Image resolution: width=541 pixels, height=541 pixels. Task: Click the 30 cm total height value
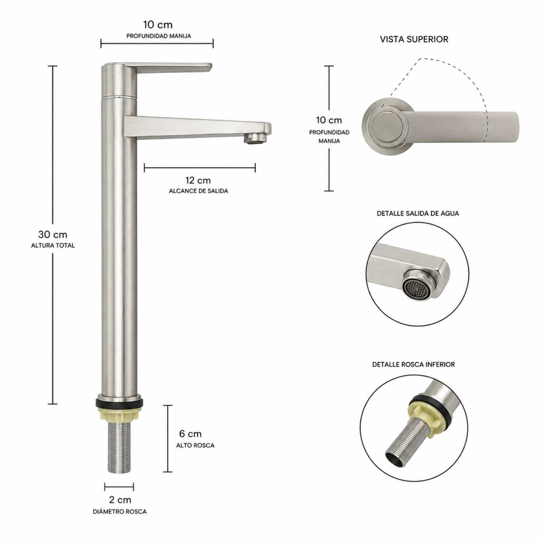click(53, 234)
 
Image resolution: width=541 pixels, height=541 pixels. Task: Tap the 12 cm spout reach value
click(198, 180)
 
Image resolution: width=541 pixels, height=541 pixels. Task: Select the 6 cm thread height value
click(190, 434)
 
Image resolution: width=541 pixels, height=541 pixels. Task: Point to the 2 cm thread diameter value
click(120, 500)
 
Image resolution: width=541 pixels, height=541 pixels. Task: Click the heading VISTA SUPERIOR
click(414, 39)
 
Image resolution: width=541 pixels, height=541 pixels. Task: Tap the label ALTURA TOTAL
click(53, 246)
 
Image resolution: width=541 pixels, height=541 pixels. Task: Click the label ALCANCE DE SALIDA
click(198, 191)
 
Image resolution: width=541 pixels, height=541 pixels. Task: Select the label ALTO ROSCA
click(195, 445)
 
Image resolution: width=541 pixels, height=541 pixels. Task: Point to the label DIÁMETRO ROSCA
click(119, 512)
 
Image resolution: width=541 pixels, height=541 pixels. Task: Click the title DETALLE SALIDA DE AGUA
click(418, 213)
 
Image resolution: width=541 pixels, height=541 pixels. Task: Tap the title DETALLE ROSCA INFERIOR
click(413, 365)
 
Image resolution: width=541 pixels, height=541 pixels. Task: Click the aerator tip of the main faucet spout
click(255, 139)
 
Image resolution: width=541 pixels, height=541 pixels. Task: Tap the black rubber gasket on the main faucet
click(119, 403)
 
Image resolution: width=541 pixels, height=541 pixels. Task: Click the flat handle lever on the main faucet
click(169, 68)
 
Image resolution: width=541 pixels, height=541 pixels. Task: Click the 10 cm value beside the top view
click(329, 120)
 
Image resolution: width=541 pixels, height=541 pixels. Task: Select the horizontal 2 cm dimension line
click(119, 487)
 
